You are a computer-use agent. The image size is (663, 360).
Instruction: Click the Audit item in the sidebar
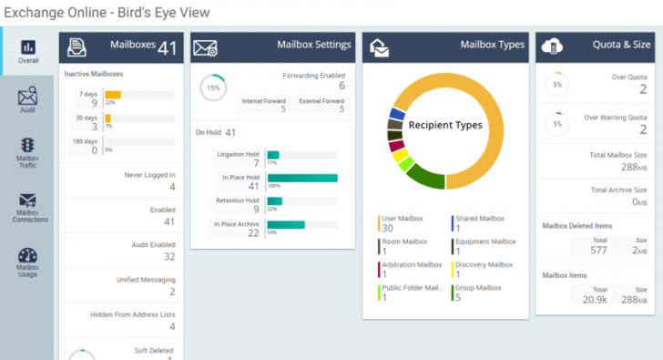coord(27,99)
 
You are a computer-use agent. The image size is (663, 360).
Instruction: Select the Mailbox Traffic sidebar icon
coord(27,149)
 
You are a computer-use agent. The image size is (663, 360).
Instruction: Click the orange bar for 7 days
coord(113,94)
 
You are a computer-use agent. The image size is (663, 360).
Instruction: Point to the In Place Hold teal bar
coord(301,179)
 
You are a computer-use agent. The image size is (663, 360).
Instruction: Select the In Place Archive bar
coord(285,224)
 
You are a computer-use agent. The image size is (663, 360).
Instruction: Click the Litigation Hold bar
coord(272,155)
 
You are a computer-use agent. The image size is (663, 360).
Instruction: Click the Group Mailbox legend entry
coord(477,293)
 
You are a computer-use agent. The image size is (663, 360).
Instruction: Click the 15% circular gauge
coord(213,87)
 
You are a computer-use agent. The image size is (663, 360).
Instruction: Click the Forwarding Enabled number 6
coord(341,85)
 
